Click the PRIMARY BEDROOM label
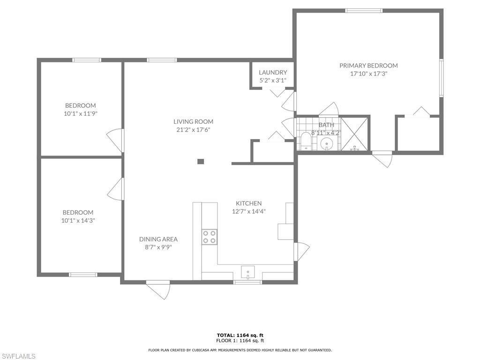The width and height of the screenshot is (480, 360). click(x=368, y=66)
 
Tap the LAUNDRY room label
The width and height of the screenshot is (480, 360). click(x=273, y=72)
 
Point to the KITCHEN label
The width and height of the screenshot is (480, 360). click(x=248, y=203)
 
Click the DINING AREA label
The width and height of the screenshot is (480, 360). click(x=158, y=239)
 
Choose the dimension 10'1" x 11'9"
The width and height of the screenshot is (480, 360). click(x=80, y=113)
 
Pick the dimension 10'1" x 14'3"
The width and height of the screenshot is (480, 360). click(x=78, y=220)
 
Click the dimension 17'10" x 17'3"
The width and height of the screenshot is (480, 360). click(x=368, y=74)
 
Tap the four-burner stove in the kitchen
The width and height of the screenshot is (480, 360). click(x=210, y=237)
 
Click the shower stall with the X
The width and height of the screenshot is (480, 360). click(x=354, y=134)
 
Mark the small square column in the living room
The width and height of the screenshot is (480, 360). click(x=201, y=162)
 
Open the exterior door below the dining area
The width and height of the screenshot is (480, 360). click(x=159, y=290)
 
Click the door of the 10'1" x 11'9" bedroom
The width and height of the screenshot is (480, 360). click(x=115, y=140)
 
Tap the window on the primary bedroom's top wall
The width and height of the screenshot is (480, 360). click(x=364, y=10)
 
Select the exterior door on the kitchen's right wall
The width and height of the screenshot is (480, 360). click(x=301, y=251)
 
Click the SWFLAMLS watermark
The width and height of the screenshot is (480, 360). click(x=18, y=356)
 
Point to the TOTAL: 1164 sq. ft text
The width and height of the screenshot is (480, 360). click(x=240, y=335)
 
